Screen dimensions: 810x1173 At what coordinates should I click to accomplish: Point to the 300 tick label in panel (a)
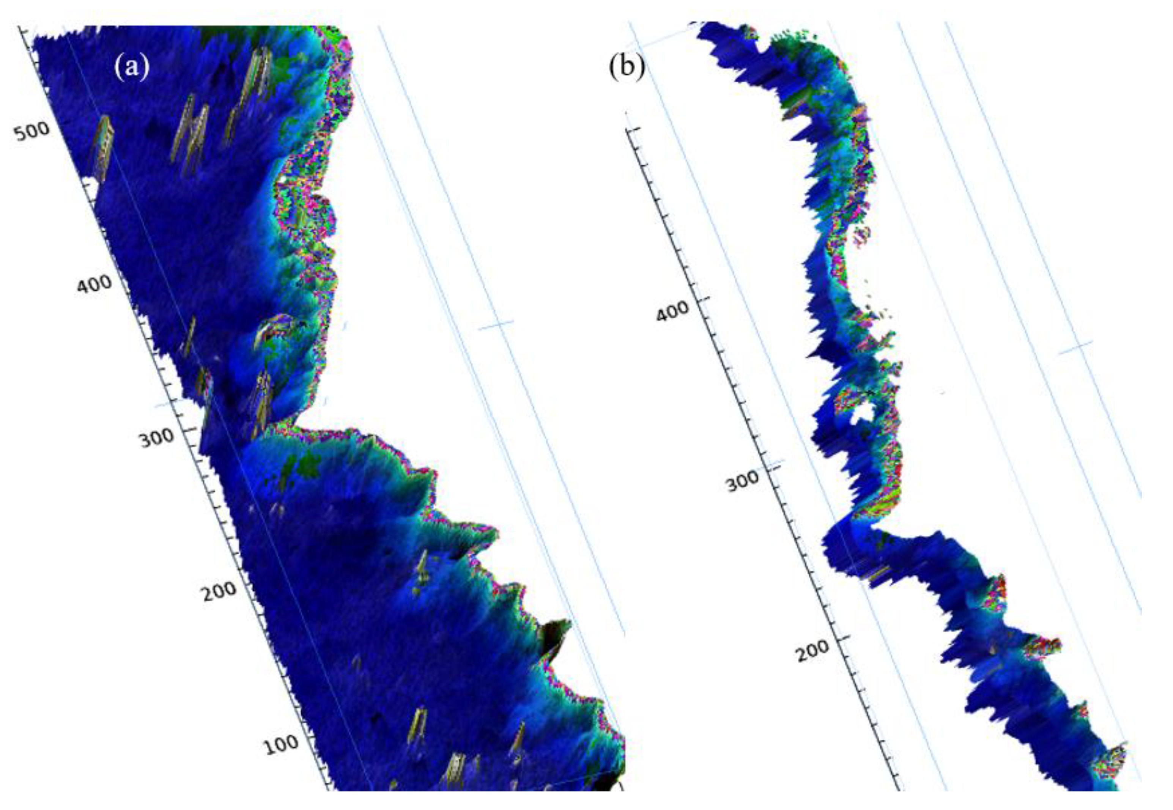coord(157,438)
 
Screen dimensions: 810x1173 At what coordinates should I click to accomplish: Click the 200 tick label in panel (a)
coord(219,590)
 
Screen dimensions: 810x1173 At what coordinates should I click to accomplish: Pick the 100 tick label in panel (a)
coord(281,744)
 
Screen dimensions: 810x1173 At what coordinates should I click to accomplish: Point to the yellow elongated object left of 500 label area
coord(103,147)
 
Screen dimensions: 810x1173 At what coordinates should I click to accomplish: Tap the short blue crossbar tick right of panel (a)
coord(497,325)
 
